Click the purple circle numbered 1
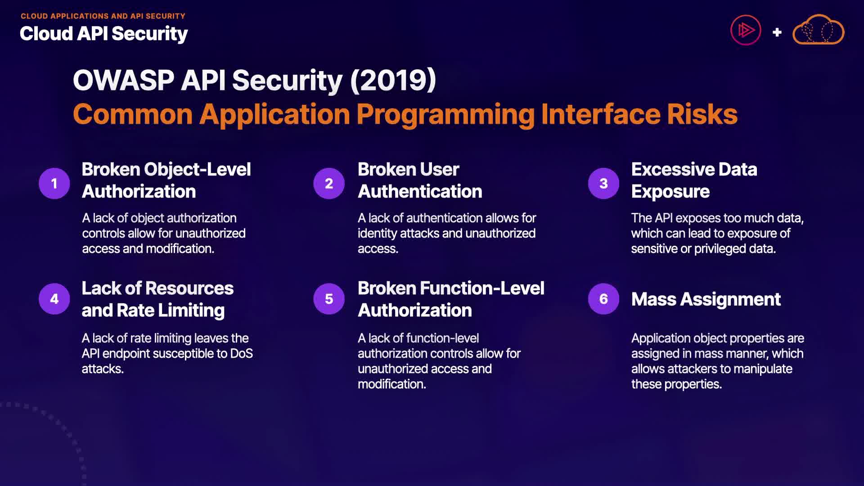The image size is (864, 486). coord(54,184)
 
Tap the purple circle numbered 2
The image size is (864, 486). coord(329,184)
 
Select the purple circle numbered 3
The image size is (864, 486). coord(603,184)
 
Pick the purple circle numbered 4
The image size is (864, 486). coord(54,299)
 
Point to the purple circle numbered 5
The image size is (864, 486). coord(329,299)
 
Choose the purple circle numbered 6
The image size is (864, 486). coord(603,299)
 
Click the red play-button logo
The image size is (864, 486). coord(746,30)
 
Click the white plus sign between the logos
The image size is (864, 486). coord(777,32)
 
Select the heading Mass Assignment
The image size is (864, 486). coord(706,299)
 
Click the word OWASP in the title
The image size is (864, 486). coord(123,80)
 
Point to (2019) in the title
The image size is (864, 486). coord(393,80)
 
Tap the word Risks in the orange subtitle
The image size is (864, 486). coord(702,114)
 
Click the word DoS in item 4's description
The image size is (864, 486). coord(242,354)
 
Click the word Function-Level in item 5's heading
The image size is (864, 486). coord(482,288)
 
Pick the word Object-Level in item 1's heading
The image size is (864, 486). coord(198,170)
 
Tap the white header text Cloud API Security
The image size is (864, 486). coord(104,34)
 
